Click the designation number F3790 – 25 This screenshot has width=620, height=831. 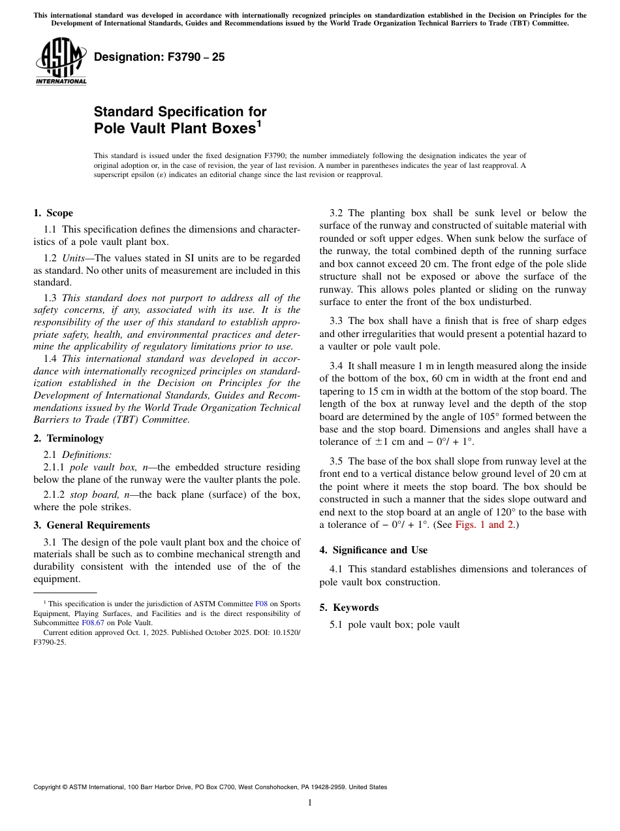pyautogui.click(x=159, y=57)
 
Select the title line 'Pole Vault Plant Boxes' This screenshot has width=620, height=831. pyautogui.click(x=175, y=128)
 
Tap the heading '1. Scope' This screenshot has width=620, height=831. pyautogui.click(x=53, y=213)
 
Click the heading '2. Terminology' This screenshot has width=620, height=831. pyautogui.click(x=69, y=438)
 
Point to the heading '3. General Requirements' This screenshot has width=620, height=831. pyautogui.click(x=91, y=525)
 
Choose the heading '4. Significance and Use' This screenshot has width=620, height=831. pyautogui.click(x=373, y=550)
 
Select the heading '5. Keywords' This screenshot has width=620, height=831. pyautogui.click(x=349, y=608)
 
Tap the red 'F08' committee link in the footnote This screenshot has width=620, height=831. pyautogui.click(x=260, y=604)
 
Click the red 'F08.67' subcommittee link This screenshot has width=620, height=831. pyautogui.click(x=93, y=623)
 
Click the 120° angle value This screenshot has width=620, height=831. pyautogui.click(x=522, y=512)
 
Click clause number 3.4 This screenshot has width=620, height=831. pyautogui.click(x=337, y=366)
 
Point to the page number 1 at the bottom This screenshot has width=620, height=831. pyautogui.click(x=310, y=802)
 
